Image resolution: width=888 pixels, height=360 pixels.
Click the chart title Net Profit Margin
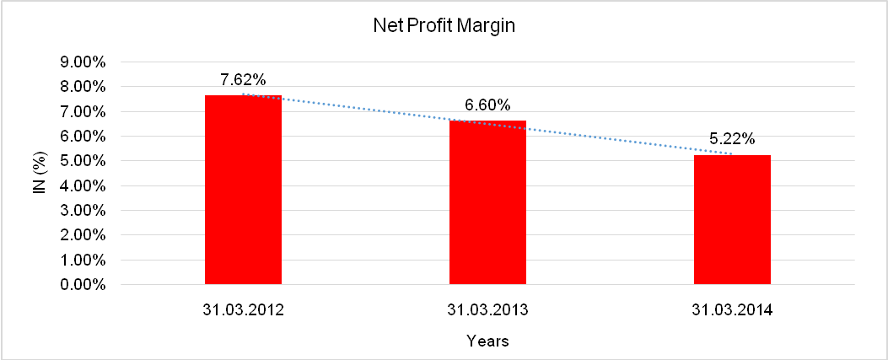[444, 26]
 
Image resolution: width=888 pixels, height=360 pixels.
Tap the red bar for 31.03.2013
[487, 202]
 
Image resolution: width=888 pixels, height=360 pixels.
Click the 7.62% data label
[243, 80]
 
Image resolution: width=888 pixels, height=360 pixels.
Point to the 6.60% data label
[487, 105]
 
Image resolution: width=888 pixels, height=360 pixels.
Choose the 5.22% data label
[732, 139]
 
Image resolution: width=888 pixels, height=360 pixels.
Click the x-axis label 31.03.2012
[243, 310]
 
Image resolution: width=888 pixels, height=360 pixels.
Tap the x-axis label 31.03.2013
[487, 310]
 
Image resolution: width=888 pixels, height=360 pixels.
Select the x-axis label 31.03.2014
[732, 310]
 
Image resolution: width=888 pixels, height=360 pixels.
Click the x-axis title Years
[487, 341]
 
